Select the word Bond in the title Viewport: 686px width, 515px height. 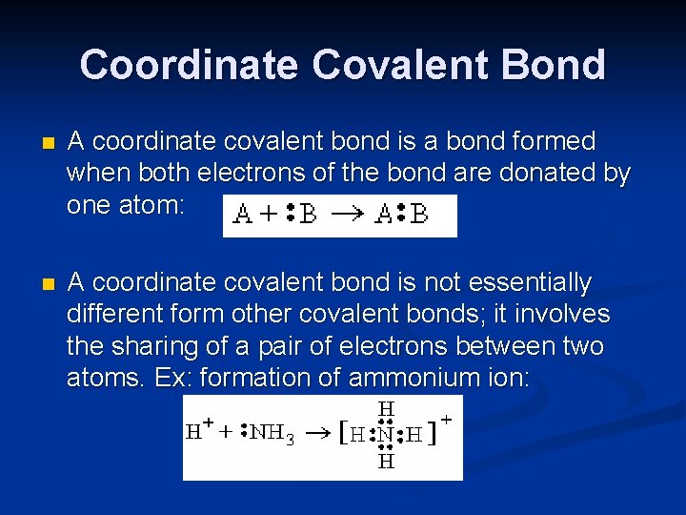[558, 65]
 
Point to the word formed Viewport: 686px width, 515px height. [554, 142]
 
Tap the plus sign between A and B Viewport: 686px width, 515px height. [270, 216]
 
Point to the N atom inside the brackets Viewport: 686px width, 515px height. [385, 435]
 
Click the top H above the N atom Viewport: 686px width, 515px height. [386, 408]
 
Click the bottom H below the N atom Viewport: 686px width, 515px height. [386, 462]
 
